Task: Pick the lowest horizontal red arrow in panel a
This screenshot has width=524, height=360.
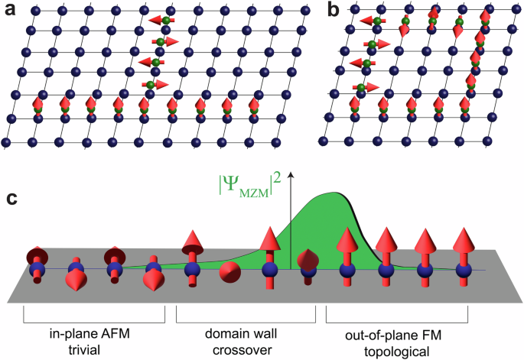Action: click(156, 84)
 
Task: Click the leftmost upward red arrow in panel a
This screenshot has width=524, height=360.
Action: click(37, 107)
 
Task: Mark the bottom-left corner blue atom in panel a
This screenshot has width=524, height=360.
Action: click(7, 142)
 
